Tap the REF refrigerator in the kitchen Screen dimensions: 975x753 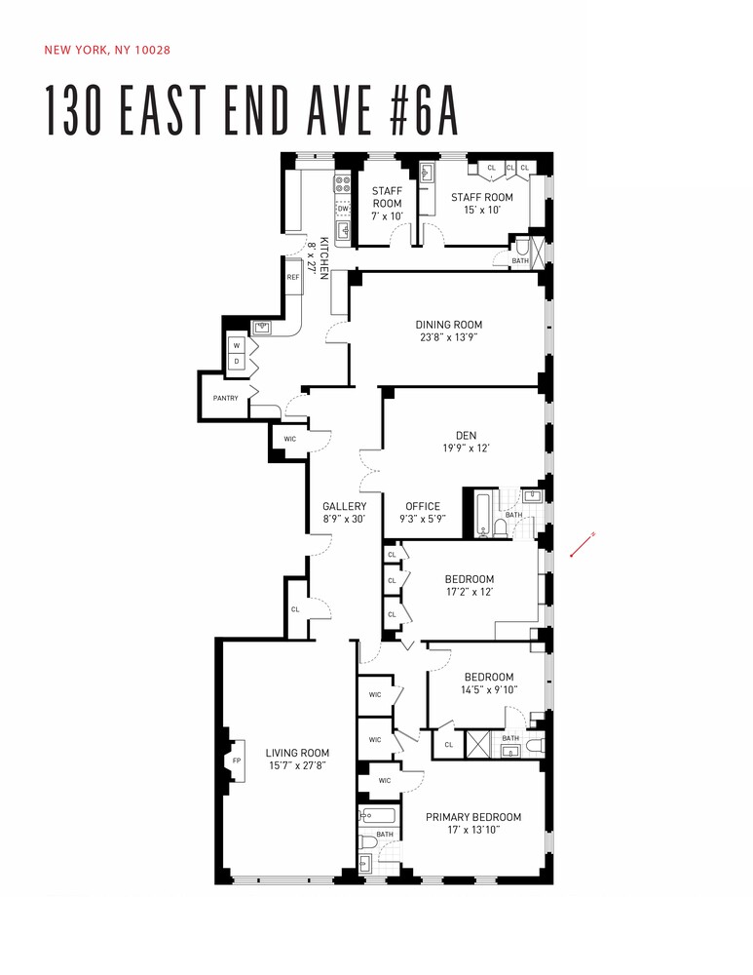[x=293, y=278]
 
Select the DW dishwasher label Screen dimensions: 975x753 [x=342, y=209]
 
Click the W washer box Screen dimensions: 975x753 [x=235, y=346]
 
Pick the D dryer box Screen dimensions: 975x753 [x=235, y=361]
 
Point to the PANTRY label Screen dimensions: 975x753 [x=225, y=398]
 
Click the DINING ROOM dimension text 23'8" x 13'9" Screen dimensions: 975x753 [x=448, y=338]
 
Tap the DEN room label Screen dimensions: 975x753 [x=466, y=436]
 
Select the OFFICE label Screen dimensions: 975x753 [x=423, y=506]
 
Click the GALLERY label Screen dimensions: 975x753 [x=345, y=506]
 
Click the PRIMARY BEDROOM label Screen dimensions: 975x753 [x=472, y=817]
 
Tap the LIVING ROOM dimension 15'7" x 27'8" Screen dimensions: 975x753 [x=297, y=766]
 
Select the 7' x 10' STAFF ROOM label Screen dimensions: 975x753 [x=387, y=215]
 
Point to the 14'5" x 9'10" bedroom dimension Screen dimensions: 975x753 [x=489, y=689]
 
